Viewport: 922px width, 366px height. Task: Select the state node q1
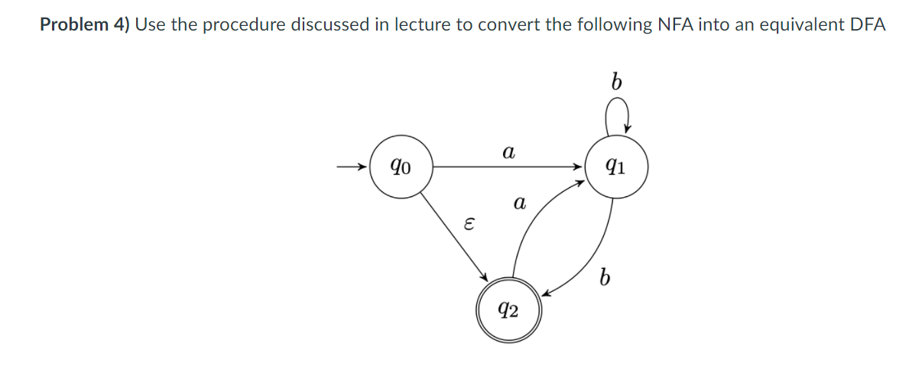[616, 166]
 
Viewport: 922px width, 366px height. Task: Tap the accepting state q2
[508, 310]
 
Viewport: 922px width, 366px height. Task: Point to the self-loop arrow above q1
[616, 118]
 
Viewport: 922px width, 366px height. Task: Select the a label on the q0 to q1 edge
[507, 153]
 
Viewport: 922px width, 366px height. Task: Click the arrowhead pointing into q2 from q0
[484, 277]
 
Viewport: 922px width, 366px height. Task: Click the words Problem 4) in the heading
[85, 24]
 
